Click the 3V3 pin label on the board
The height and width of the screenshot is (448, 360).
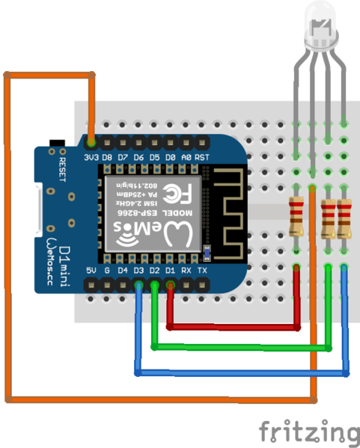[x=91, y=158]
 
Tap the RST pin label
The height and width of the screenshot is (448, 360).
[x=202, y=158]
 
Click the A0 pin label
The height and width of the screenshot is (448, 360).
[x=186, y=158]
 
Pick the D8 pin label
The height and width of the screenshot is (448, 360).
[x=107, y=158]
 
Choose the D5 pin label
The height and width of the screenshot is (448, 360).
[x=154, y=158]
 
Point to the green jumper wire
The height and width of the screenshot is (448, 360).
[x=240, y=346]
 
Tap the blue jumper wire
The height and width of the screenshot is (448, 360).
[x=240, y=372]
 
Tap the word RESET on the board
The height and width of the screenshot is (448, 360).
[x=62, y=170]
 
